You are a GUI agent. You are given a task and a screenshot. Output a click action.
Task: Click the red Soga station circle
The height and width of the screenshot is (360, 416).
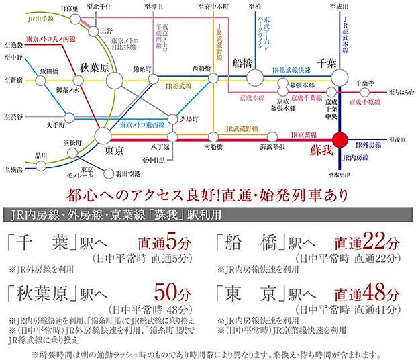[340, 140]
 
